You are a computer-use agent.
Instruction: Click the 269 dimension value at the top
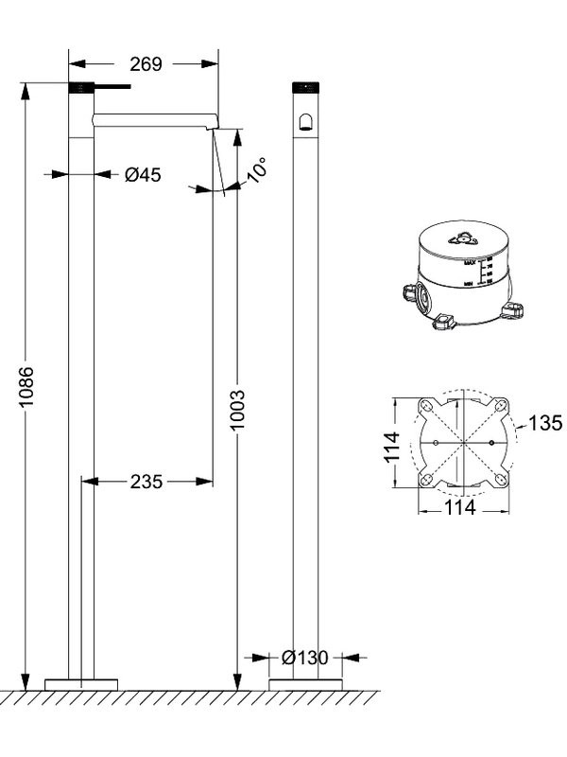tap(145, 64)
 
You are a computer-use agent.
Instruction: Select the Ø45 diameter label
tap(143, 174)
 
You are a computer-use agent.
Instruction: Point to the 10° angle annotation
tap(256, 169)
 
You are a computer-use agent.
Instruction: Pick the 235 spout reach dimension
tap(146, 482)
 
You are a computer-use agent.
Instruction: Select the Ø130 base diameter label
tap(303, 657)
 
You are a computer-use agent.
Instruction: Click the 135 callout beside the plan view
tap(545, 422)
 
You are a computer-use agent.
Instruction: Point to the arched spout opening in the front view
tap(304, 121)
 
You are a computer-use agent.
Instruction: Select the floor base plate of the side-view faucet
tap(82, 683)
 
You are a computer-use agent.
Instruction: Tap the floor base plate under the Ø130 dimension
tap(304, 683)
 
